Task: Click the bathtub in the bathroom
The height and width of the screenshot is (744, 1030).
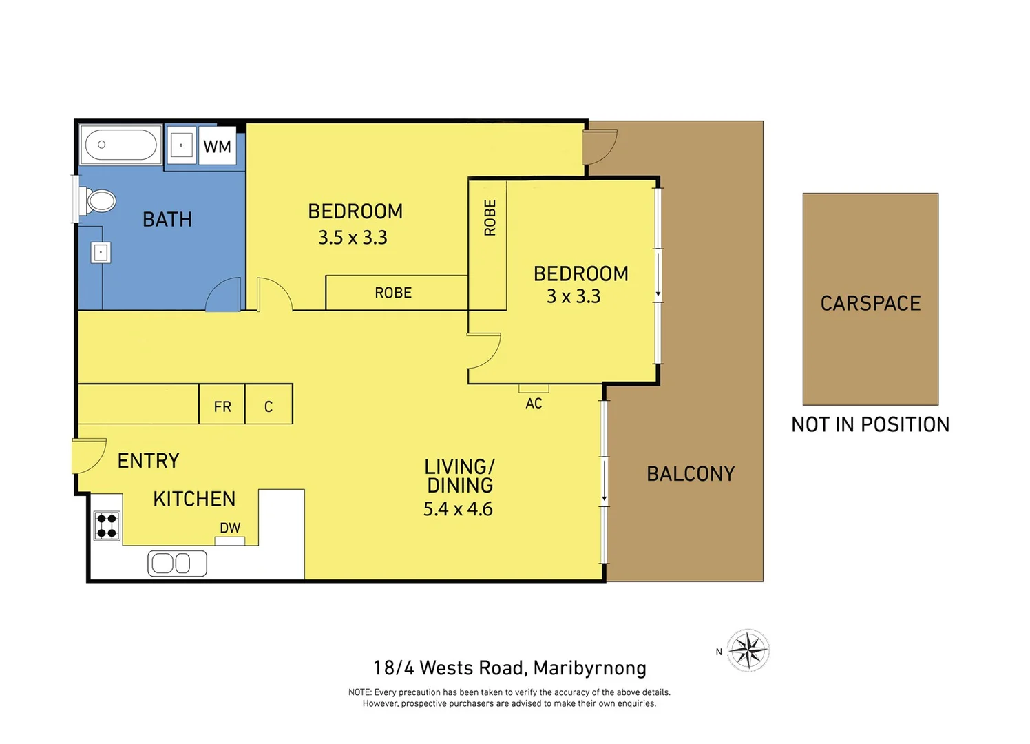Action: point(120,145)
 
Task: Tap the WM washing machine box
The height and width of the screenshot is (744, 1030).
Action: point(217,146)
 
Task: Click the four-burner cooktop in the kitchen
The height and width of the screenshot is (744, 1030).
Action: point(107,526)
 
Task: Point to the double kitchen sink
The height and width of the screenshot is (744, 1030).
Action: point(177,563)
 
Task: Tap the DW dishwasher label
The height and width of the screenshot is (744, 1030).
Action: point(230,528)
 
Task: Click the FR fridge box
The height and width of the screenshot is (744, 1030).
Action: point(222,406)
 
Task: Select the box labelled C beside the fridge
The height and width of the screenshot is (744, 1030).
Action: point(269,406)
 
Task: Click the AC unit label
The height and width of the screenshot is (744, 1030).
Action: point(534,404)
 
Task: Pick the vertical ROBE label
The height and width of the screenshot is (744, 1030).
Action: point(490,218)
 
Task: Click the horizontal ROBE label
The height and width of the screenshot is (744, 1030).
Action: point(393,293)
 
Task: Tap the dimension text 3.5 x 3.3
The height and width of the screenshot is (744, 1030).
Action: point(353,238)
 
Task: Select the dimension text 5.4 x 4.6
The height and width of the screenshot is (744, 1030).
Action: point(458,509)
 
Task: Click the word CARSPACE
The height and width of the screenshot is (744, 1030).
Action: point(870,303)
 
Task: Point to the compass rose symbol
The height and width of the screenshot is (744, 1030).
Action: point(748,650)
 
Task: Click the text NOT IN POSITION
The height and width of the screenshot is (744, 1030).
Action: point(870,424)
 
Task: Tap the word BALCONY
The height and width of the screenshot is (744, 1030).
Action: point(691,474)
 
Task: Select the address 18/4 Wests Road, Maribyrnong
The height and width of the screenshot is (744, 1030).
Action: point(509,668)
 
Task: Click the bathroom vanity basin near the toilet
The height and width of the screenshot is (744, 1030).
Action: point(101,252)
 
